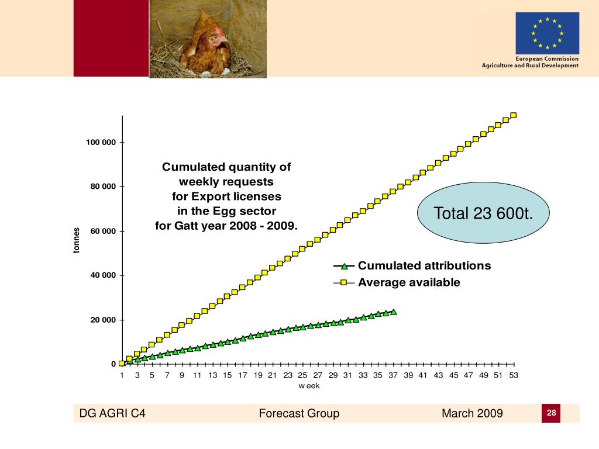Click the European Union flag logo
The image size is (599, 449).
click(x=547, y=33)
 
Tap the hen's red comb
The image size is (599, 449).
click(x=219, y=31)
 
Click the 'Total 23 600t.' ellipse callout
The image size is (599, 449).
click(x=484, y=214)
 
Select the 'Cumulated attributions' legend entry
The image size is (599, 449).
click(x=424, y=266)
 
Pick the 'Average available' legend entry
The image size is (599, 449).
click(x=409, y=283)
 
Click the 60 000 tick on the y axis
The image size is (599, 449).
click(x=104, y=232)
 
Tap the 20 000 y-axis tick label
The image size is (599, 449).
click(x=104, y=320)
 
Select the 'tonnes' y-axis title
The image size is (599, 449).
click(x=76, y=240)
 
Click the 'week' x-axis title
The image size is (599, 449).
click(x=309, y=386)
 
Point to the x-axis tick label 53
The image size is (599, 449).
click(x=514, y=375)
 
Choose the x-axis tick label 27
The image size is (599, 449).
click(x=318, y=375)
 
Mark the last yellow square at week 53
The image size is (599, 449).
click(x=513, y=115)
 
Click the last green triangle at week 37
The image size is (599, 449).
click(x=394, y=312)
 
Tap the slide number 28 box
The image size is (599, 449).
click(x=551, y=413)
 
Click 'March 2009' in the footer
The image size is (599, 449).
click(x=472, y=414)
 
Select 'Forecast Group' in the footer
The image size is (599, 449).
click(x=299, y=414)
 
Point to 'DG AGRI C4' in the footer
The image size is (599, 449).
click(x=112, y=414)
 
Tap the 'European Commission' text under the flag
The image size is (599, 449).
click(x=546, y=58)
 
